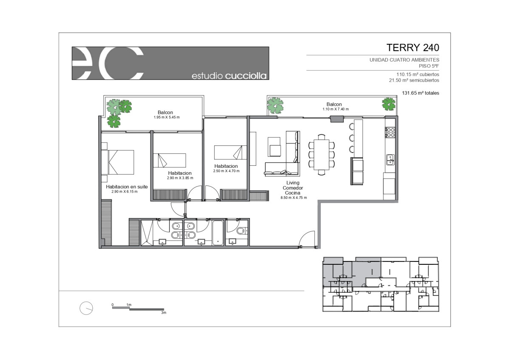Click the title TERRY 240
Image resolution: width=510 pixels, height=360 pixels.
413,48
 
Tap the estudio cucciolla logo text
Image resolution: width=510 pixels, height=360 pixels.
229,76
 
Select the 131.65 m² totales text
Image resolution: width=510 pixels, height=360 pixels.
420,93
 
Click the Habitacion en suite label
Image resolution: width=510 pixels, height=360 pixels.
127,187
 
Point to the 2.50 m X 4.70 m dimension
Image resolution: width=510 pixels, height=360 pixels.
226,171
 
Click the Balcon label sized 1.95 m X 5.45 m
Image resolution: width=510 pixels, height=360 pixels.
165,112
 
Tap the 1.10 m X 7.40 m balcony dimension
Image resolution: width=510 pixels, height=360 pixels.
335,109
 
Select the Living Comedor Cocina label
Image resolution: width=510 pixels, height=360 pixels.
293,188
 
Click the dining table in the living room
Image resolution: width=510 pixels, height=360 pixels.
321,155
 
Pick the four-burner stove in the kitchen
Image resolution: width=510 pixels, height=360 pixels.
390,132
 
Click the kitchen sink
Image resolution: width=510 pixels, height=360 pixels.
390,160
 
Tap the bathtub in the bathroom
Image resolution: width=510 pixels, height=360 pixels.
218,233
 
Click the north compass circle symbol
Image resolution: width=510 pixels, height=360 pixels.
86,308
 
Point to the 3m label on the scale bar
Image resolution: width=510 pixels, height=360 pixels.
164,313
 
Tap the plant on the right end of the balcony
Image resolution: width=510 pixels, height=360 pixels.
388,104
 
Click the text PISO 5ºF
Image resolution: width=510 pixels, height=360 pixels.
429,66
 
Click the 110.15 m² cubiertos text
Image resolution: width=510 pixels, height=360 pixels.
418,74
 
